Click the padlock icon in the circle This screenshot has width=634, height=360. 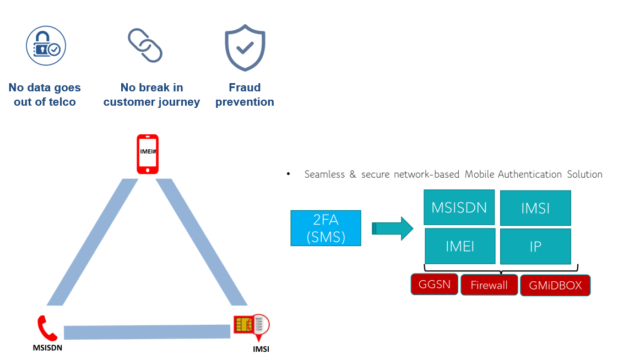[x=46, y=46]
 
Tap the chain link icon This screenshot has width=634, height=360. [x=145, y=46]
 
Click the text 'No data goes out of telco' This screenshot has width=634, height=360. [x=45, y=95]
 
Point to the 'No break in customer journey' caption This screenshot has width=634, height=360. [x=151, y=95]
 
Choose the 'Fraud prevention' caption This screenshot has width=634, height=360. [x=245, y=95]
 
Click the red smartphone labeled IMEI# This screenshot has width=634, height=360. [x=147, y=154]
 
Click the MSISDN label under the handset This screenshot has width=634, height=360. [x=48, y=348]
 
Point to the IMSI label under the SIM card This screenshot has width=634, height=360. [x=261, y=349]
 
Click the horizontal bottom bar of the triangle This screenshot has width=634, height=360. [x=147, y=332]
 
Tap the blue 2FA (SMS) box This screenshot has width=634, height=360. [x=326, y=228]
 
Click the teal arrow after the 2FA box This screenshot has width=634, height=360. [x=392, y=228]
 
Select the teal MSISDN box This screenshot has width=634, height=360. [x=459, y=208]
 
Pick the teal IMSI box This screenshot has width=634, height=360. [x=535, y=208]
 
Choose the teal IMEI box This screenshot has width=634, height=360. [x=460, y=246]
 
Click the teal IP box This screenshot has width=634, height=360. [x=535, y=246]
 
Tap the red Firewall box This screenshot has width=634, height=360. [x=489, y=285]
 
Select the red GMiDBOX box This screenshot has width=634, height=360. [x=555, y=286]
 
